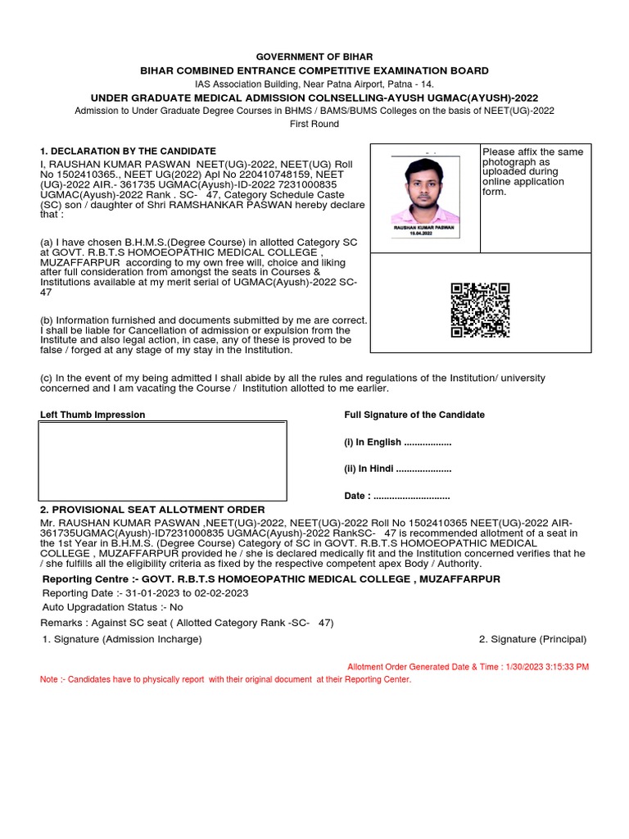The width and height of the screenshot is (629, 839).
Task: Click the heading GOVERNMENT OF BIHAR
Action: (x=314, y=57)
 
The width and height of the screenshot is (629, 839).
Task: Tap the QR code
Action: (x=480, y=311)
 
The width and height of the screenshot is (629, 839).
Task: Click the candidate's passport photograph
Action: (x=423, y=195)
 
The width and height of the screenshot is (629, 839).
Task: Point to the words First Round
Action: (x=314, y=124)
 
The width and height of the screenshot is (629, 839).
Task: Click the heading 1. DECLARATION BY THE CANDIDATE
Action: (x=129, y=151)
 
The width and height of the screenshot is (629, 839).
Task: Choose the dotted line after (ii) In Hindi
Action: (x=424, y=469)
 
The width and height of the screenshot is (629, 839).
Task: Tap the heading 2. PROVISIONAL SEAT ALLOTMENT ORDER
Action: (x=152, y=510)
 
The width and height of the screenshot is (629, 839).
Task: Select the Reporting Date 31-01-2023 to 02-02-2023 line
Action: (x=145, y=593)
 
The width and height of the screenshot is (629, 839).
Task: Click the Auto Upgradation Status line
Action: (x=113, y=607)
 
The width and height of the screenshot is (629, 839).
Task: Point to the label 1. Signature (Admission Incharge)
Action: (x=122, y=639)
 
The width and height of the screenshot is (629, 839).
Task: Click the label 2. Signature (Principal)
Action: (x=532, y=639)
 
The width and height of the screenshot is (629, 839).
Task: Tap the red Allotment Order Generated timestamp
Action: (x=468, y=667)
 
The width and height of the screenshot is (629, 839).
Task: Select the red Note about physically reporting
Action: (x=226, y=680)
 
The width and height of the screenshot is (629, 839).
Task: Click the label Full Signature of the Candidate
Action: (x=414, y=415)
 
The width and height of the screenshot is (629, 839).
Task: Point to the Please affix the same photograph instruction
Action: (x=532, y=172)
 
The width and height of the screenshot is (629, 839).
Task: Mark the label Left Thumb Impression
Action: (x=93, y=415)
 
